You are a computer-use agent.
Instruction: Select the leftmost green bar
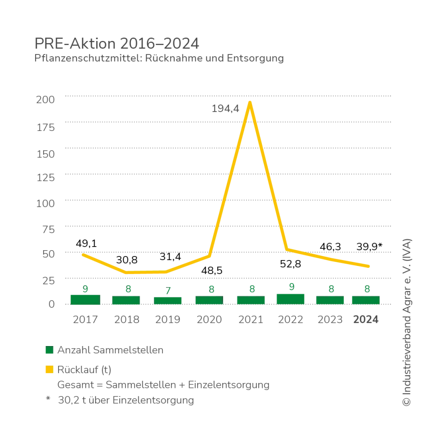pos(85,298)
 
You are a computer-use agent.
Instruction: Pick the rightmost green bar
pos(365,299)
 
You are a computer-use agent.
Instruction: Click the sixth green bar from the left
pos(291,298)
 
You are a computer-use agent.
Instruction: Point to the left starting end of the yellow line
pos(81,254)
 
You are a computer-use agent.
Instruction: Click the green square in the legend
pos(49,351)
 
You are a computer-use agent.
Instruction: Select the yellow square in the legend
pos(49,369)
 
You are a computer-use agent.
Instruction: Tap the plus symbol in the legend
pos(49,399)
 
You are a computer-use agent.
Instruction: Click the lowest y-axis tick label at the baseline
pos(53,304)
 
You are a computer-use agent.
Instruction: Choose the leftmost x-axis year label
pos(85,319)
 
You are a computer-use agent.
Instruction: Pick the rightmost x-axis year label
pos(367,319)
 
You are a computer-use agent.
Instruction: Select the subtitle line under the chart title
pos(158,59)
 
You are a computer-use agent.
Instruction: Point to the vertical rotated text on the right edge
pos(407,322)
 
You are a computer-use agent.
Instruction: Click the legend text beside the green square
pos(111,351)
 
